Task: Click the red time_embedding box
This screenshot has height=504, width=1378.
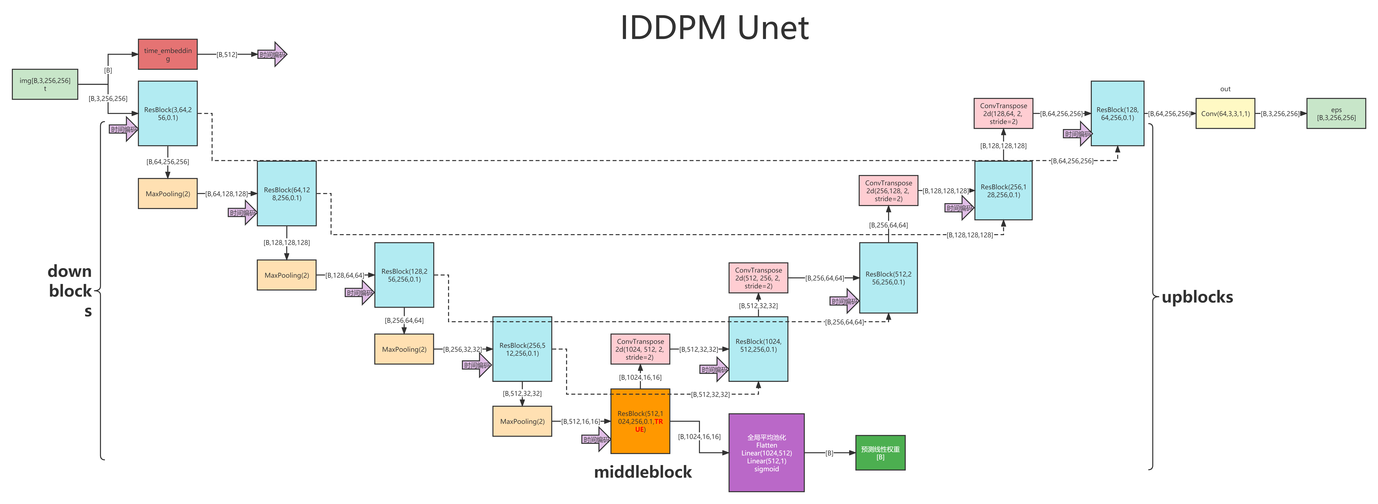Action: tap(167, 54)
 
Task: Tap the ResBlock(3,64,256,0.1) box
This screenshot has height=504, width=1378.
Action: tap(167, 113)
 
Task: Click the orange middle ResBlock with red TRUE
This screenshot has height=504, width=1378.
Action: tap(640, 421)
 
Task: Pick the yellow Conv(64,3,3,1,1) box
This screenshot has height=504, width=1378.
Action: tap(1225, 113)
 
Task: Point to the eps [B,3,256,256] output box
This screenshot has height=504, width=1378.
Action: tap(1336, 113)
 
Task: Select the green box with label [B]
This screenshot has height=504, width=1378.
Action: tap(880, 453)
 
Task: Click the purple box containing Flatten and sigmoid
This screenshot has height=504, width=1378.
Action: tap(766, 453)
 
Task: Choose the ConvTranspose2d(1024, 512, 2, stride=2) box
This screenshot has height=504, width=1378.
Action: tap(640, 349)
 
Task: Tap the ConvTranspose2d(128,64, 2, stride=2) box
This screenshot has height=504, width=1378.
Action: tap(1003, 113)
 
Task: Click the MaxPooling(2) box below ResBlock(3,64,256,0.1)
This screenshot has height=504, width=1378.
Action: tap(167, 194)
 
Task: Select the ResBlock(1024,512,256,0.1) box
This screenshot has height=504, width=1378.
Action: tap(758, 349)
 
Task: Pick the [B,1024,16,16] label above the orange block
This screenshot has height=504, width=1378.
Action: tap(640, 377)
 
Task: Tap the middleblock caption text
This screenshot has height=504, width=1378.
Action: tap(643, 472)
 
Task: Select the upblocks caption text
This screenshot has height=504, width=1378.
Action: tap(1197, 297)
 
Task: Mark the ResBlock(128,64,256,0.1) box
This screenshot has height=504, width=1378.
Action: tap(1117, 113)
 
